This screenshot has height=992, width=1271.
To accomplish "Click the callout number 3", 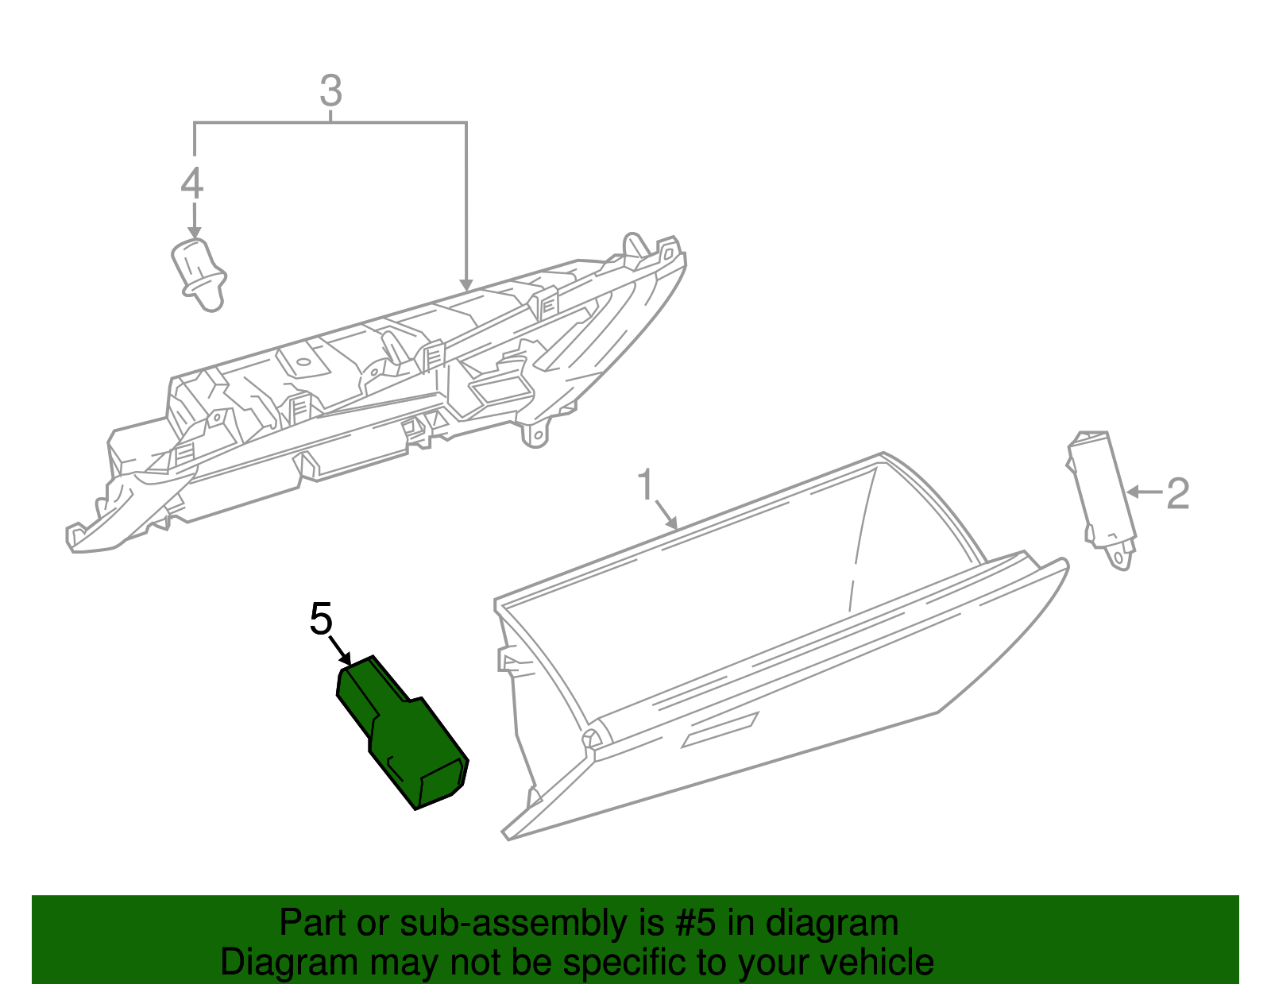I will (330, 91).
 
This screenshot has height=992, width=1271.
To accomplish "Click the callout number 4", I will (192, 183).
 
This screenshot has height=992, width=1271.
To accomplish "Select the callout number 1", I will (647, 484).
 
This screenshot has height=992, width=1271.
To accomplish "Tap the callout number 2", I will (1177, 494).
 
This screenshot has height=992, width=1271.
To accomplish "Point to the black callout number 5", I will (321, 619).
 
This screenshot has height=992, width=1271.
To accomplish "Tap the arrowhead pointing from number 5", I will (346, 659).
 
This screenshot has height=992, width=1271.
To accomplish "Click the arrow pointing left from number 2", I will (1144, 492).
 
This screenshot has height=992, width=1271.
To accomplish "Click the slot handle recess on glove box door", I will (720, 730).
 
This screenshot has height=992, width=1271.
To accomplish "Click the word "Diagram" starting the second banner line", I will (288, 963).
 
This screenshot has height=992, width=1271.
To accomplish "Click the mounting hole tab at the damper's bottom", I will (1120, 558).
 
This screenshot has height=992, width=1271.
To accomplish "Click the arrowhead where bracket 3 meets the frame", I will (466, 284).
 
